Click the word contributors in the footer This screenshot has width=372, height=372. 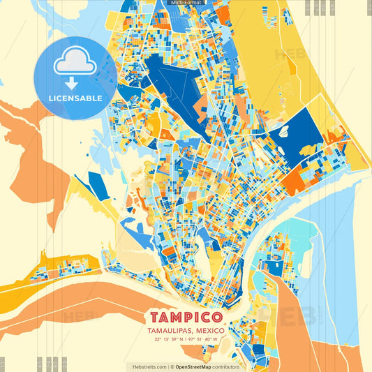tap(226, 366)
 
